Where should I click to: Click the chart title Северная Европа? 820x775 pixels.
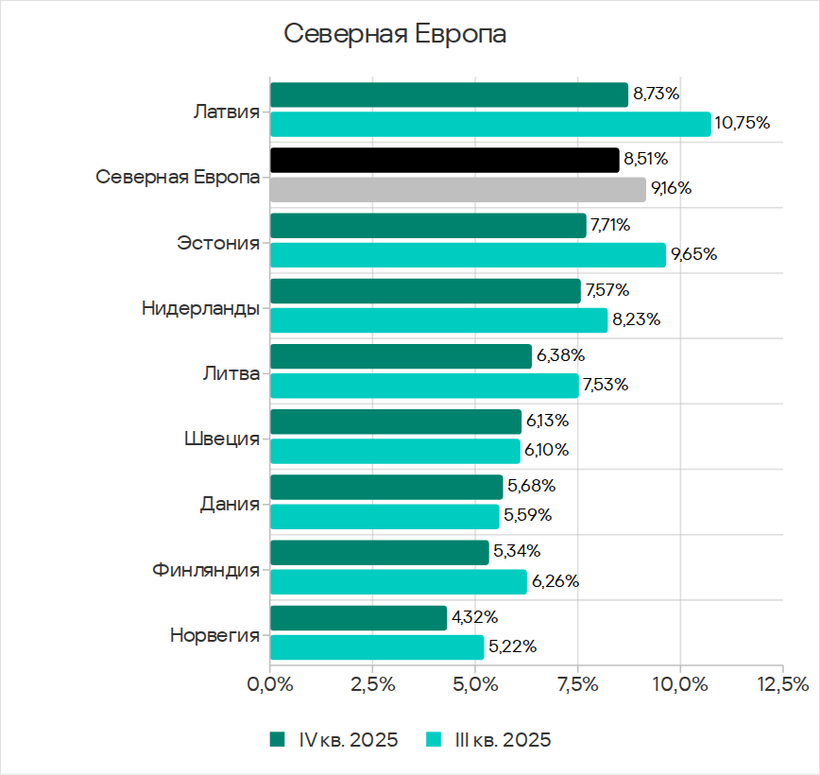click(395, 34)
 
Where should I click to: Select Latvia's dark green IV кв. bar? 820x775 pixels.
click(449, 95)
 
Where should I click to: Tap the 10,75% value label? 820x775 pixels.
click(743, 123)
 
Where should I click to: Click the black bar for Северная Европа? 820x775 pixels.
click(444, 160)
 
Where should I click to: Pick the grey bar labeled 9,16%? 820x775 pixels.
click(457, 189)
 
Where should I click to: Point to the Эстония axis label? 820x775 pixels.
click(218, 243)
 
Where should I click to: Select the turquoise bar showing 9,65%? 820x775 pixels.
click(468, 254)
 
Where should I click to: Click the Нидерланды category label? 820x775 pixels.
click(200, 308)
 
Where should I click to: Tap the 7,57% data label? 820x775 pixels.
click(607, 290)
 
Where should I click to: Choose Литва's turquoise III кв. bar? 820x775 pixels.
click(424, 385)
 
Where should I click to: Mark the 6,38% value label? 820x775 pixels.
click(561, 355)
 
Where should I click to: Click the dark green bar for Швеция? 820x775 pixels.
click(396, 422)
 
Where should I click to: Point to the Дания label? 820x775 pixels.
click(230, 504)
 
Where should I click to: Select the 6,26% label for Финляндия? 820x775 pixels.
click(555, 581)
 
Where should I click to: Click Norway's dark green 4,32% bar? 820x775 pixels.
click(358, 618)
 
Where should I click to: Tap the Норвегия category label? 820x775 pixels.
click(214, 634)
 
